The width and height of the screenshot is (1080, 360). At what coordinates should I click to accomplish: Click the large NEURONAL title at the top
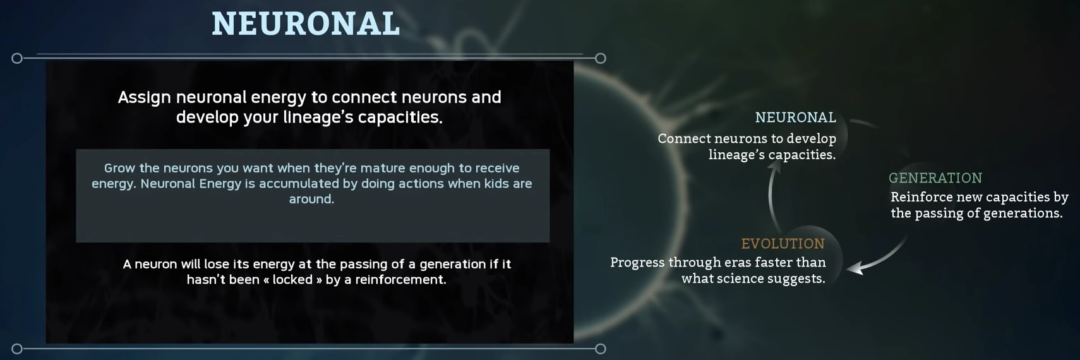306,23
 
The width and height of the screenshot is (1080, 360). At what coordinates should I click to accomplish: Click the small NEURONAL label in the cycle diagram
796,117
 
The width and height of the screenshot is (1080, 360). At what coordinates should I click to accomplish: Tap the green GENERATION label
935,178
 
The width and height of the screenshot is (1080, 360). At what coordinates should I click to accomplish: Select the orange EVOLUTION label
783,244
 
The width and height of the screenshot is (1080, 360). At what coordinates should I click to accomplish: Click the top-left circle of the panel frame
17,58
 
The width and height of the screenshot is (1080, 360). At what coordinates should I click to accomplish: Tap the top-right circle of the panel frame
600,58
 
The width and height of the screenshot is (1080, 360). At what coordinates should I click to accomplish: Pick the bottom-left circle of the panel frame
17,349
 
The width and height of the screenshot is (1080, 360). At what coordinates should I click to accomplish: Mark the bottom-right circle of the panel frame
600,349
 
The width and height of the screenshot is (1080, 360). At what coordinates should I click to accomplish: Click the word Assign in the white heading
144,98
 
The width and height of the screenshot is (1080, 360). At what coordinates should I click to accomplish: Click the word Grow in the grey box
117,168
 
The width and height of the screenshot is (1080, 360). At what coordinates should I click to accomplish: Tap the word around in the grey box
311,199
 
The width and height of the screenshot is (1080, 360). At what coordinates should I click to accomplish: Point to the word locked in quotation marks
292,280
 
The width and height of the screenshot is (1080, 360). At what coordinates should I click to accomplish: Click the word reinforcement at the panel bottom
400,280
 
